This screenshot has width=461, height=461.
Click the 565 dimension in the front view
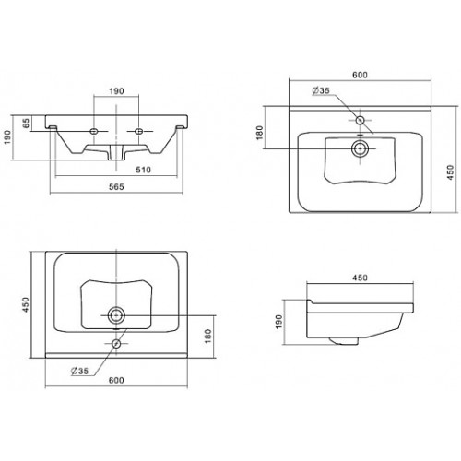116,186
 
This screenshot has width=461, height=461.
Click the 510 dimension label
144,170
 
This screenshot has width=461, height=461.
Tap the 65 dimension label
27,123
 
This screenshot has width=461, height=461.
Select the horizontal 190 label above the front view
116,91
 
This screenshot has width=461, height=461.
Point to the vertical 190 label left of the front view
6,137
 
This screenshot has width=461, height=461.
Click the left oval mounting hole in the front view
94,131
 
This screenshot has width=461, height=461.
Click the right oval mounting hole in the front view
139,131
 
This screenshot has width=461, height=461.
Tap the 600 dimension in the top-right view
360,75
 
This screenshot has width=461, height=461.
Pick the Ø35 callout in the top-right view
321,90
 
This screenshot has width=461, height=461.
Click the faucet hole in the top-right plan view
360,120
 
